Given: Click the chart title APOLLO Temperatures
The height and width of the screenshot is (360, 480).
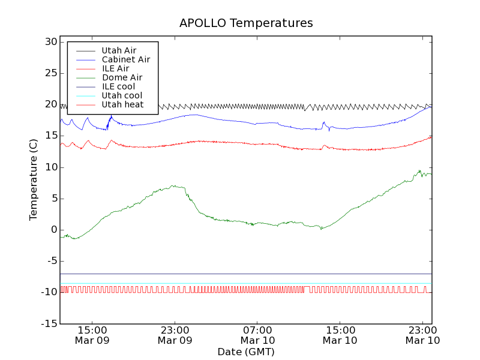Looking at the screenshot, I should coord(246,23).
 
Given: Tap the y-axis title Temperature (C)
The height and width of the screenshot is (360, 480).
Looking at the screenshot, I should coord(34,179).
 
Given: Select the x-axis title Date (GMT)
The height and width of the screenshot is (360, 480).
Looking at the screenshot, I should coord(246,352).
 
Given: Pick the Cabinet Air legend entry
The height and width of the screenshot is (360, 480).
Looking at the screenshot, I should coord(125,59).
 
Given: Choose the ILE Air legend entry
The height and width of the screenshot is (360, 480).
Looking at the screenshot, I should coord(115,68).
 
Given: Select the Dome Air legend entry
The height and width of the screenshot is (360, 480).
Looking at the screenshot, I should coord(122,77).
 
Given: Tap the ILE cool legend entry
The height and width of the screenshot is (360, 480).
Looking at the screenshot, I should coord(118,86).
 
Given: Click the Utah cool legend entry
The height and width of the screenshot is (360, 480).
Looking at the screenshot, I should coord(122,95).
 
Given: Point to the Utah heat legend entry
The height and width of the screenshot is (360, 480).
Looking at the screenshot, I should coord(122,104).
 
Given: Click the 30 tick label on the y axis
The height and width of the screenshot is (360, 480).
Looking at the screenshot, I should coord(50,42).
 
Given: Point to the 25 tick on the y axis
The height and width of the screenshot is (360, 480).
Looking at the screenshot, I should coord(50,73).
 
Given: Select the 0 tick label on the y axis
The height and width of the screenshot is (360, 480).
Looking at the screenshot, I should coord(54,230).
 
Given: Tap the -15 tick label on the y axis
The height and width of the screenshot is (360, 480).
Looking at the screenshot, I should coord(49,324).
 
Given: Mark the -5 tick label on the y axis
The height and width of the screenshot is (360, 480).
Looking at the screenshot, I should coord(50,261).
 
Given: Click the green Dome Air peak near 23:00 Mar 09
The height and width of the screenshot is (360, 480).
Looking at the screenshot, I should coord(173,186).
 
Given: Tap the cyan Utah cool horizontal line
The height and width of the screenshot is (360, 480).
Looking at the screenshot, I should coord(240,283).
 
